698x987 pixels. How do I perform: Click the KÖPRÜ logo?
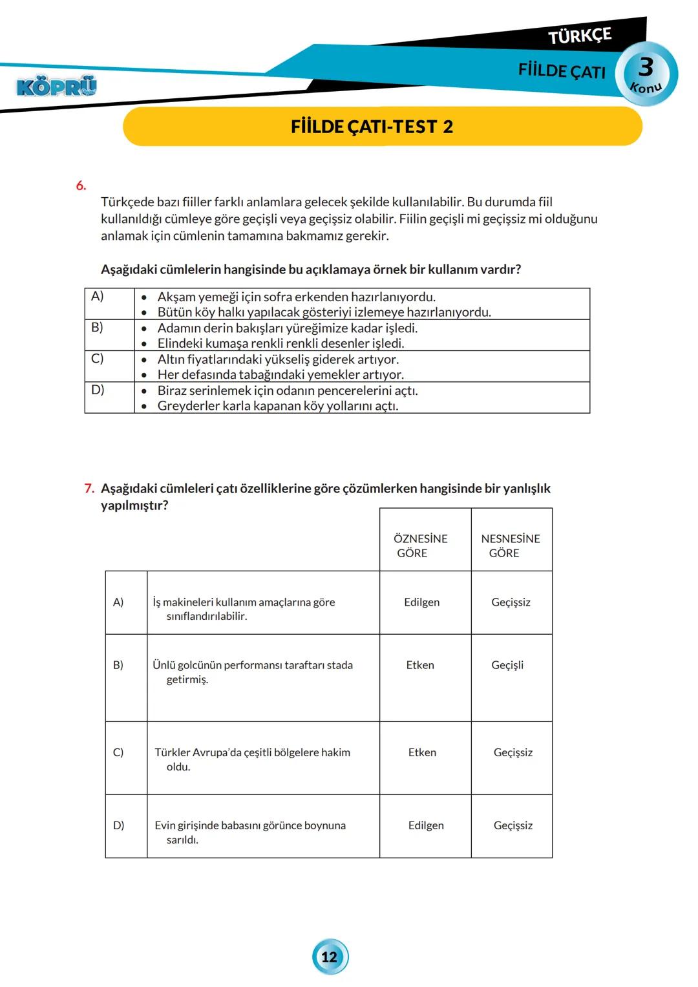(x=56, y=86)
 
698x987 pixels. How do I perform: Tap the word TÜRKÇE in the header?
(x=579, y=36)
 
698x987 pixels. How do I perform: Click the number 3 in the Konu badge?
(x=646, y=67)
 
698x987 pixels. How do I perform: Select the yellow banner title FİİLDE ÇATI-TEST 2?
(x=372, y=127)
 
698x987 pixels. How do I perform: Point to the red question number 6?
(x=81, y=186)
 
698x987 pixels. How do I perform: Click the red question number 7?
(x=89, y=489)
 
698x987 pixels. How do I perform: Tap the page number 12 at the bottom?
(x=330, y=957)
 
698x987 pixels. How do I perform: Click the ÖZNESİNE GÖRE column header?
(x=421, y=546)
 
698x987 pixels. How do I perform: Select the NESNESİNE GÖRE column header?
(x=510, y=546)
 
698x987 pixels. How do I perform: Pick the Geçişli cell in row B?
(x=507, y=665)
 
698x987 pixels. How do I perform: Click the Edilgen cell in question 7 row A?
(x=421, y=602)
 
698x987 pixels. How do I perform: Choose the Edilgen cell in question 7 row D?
(x=426, y=825)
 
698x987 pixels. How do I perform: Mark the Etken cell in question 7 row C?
(x=422, y=752)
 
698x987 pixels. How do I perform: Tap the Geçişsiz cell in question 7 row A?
(x=511, y=602)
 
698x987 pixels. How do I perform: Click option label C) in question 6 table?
(x=97, y=359)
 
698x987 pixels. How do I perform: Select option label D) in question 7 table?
(x=119, y=825)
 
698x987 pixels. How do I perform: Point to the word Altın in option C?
(x=171, y=359)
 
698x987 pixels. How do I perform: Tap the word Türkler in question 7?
(x=173, y=752)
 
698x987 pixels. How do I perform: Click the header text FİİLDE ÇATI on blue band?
(x=561, y=70)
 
